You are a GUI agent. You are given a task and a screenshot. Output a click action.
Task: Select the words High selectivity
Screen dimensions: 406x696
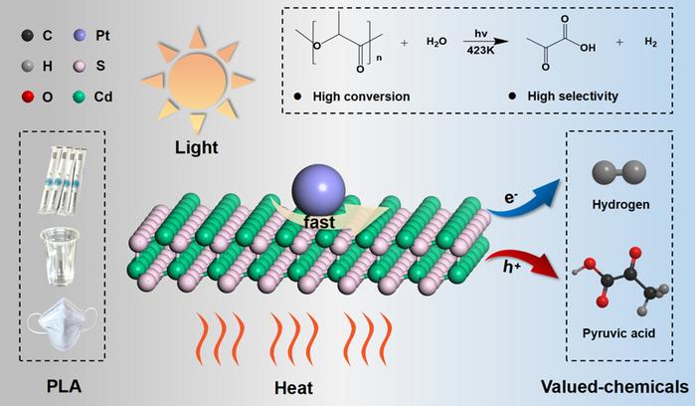click(x=566, y=97)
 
